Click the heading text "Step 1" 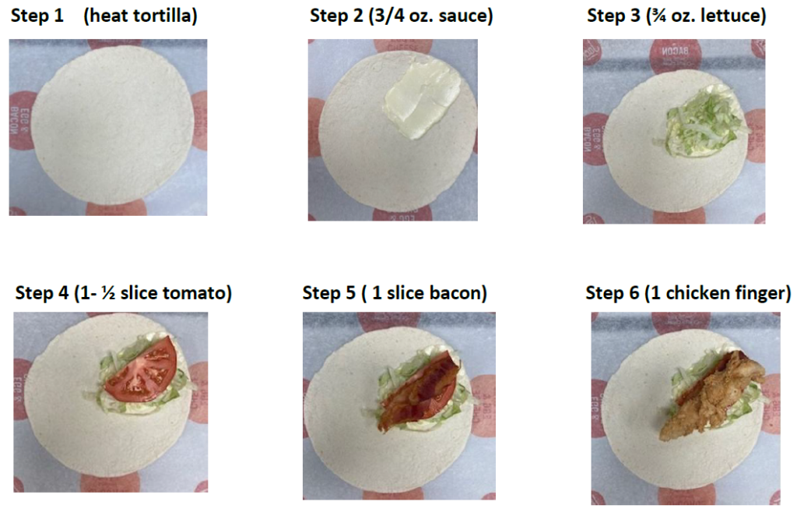click(x=37, y=16)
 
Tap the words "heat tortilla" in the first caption click(x=141, y=16)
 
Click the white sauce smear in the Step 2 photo click(x=423, y=96)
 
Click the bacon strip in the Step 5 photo click(x=417, y=392)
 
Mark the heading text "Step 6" click(x=612, y=292)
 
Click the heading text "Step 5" click(x=329, y=292)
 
